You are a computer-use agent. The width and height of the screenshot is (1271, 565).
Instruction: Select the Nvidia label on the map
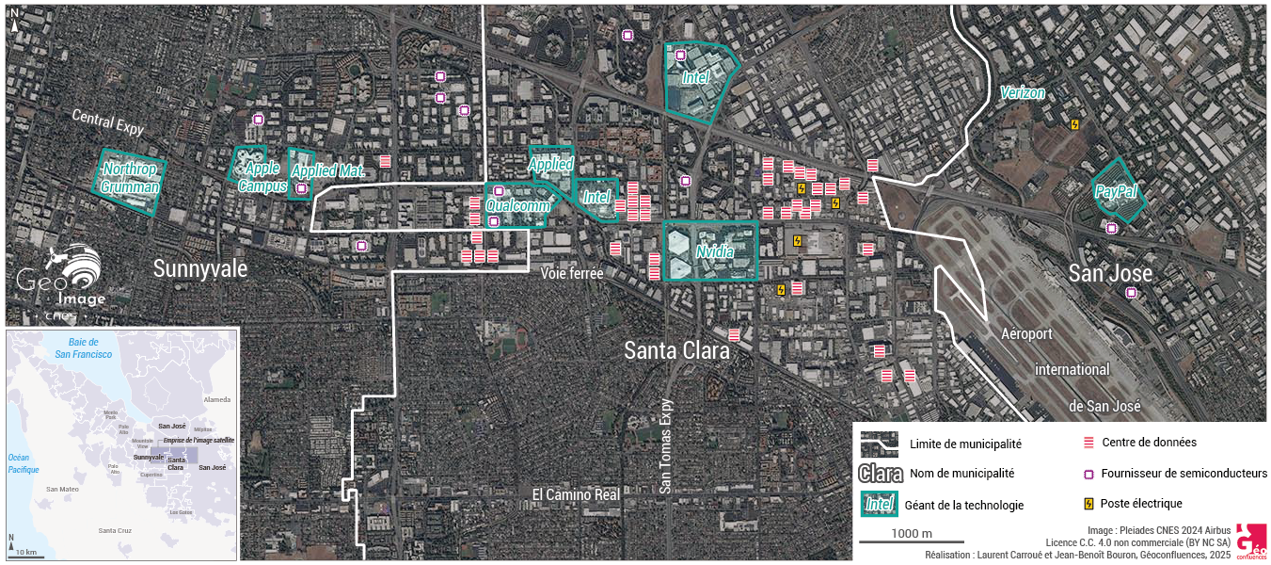(x=714, y=251)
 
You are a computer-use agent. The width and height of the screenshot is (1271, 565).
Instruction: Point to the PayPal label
(x=1116, y=191)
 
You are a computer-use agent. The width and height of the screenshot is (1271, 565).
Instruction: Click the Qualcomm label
(x=517, y=206)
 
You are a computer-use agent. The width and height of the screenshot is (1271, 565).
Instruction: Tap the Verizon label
(x=1023, y=92)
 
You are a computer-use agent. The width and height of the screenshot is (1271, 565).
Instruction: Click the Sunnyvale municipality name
(x=200, y=269)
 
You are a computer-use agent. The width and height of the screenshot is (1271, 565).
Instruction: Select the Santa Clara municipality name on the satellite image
(x=676, y=350)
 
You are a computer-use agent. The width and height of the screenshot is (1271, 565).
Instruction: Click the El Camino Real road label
(x=576, y=494)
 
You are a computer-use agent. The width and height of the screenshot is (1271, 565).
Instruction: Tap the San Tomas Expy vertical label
(x=666, y=445)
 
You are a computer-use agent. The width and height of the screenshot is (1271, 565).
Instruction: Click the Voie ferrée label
(x=572, y=272)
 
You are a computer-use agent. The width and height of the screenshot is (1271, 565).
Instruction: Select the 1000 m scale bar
(x=913, y=541)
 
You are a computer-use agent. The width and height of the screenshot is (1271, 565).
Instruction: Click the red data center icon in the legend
(x=1088, y=442)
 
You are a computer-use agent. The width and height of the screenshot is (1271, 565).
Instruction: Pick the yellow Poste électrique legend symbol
(x=1088, y=503)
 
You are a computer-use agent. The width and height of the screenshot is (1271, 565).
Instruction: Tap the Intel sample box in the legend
(x=879, y=505)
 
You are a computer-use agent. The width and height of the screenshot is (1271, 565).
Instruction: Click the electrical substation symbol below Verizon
(x=1075, y=123)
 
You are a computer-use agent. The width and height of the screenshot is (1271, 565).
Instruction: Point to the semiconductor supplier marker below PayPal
(x=1111, y=228)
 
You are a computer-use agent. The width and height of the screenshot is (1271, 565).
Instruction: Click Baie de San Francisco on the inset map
(x=83, y=347)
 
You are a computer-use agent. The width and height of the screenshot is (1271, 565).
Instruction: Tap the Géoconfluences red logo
(x=1250, y=541)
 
